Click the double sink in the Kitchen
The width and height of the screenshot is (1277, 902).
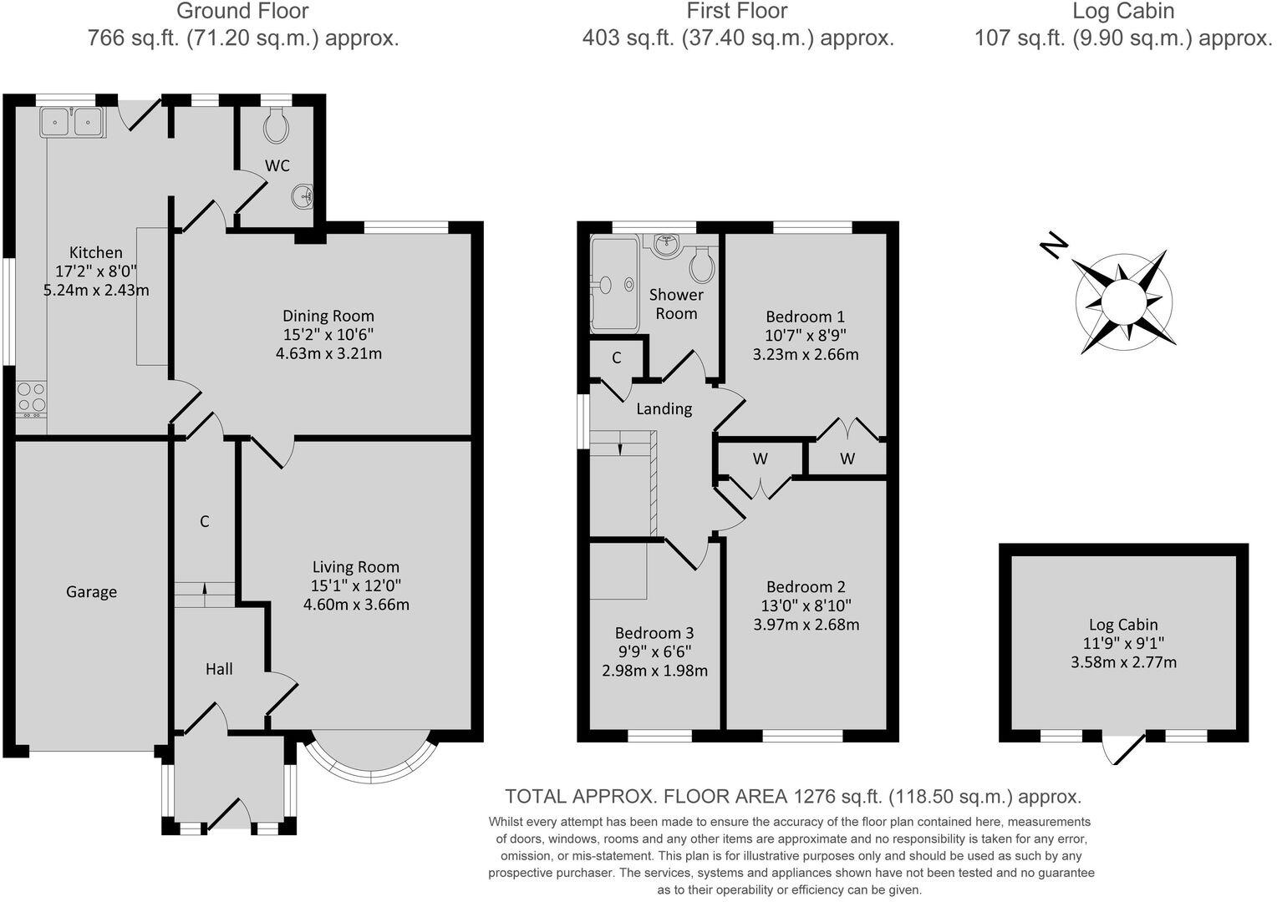(71, 122)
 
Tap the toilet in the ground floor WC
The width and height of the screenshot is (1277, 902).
(277, 127)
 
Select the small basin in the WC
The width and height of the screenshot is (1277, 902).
(303, 197)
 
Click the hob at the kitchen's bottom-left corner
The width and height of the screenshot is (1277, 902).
(31, 398)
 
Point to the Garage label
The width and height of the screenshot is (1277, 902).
(91, 592)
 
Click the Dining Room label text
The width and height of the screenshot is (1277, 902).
(328, 316)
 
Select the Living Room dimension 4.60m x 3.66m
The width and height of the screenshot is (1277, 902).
(356, 605)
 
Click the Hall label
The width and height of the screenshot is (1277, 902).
(219, 669)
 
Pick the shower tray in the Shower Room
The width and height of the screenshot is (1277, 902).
(614, 284)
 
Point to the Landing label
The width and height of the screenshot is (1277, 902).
(664, 408)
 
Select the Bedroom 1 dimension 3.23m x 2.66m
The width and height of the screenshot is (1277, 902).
(805, 354)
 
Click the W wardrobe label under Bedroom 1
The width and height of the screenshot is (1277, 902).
(847, 459)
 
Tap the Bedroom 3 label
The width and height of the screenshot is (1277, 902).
(654, 633)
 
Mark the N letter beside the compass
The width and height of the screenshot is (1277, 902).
(1054, 246)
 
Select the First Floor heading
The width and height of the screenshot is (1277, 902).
(736, 12)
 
